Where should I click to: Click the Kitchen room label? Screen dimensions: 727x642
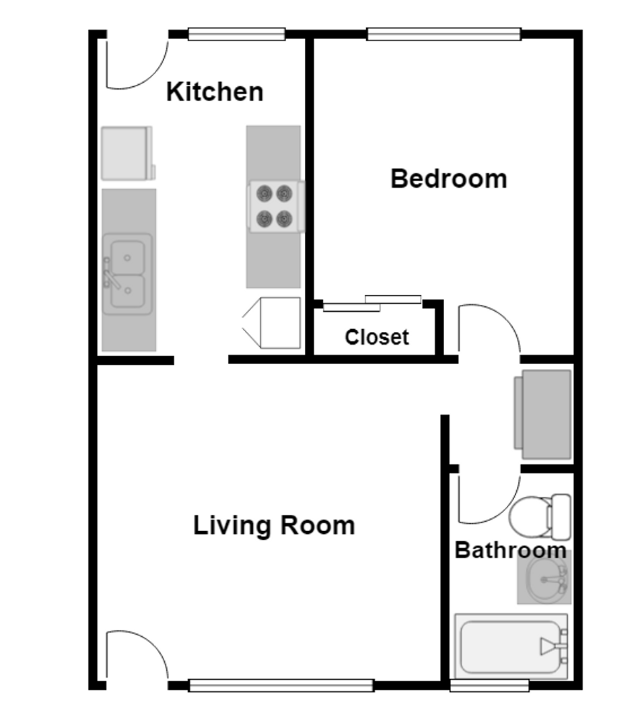click(x=215, y=92)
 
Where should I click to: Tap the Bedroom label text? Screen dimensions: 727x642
click(x=448, y=179)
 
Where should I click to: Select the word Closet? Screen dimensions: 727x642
click(x=376, y=337)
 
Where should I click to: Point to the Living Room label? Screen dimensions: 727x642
click(x=274, y=525)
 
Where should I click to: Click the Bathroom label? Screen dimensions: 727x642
click(x=510, y=550)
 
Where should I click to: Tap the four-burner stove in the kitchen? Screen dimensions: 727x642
click(x=275, y=207)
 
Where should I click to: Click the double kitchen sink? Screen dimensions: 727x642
click(x=127, y=274)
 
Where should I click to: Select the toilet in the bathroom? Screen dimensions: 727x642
click(x=539, y=517)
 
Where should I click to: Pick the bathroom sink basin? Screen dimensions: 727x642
click(x=544, y=578)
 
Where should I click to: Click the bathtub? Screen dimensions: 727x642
click(x=510, y=647)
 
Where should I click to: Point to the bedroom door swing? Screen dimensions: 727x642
click(x=489, y=329)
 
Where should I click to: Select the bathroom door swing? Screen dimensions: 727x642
click(x=489, y=498)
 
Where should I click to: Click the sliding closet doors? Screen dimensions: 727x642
click(x=372, y=304)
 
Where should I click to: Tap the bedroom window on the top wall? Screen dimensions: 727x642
click(x=443, y=34)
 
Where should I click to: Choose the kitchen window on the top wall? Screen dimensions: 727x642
click(x=236, y=34)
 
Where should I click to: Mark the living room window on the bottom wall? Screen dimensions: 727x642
click(x=281, y=685)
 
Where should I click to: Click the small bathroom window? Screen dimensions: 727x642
click(x=489, y=685)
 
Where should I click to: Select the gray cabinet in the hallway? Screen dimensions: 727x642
click(x=544, y=410)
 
